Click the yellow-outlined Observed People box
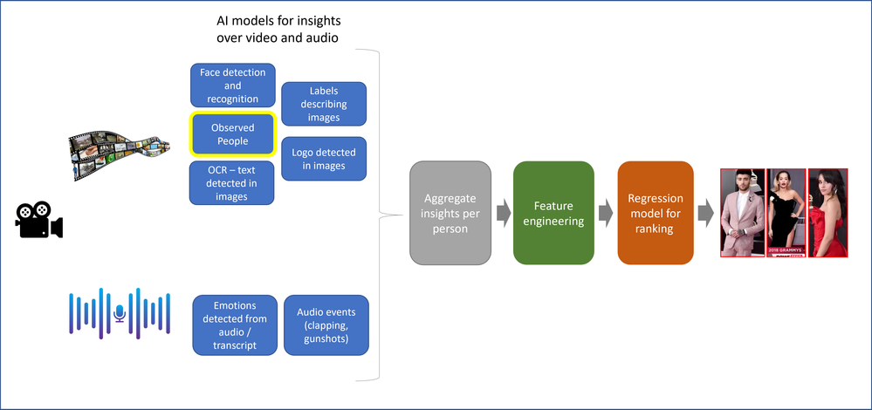[233, 134]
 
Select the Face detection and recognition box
[233, 85]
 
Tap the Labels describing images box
[324, 104]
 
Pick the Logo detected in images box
[324, 160]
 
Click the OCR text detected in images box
[233, 183]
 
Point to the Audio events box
[326, 325]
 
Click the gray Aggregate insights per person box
[450, 213]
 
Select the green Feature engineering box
[553, 213]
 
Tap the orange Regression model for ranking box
[656, 213]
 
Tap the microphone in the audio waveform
[120, 312]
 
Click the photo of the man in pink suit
[743, 213]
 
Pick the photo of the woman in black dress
[786, 213]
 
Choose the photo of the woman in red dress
[828, 213]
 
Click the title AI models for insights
[278, 29]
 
